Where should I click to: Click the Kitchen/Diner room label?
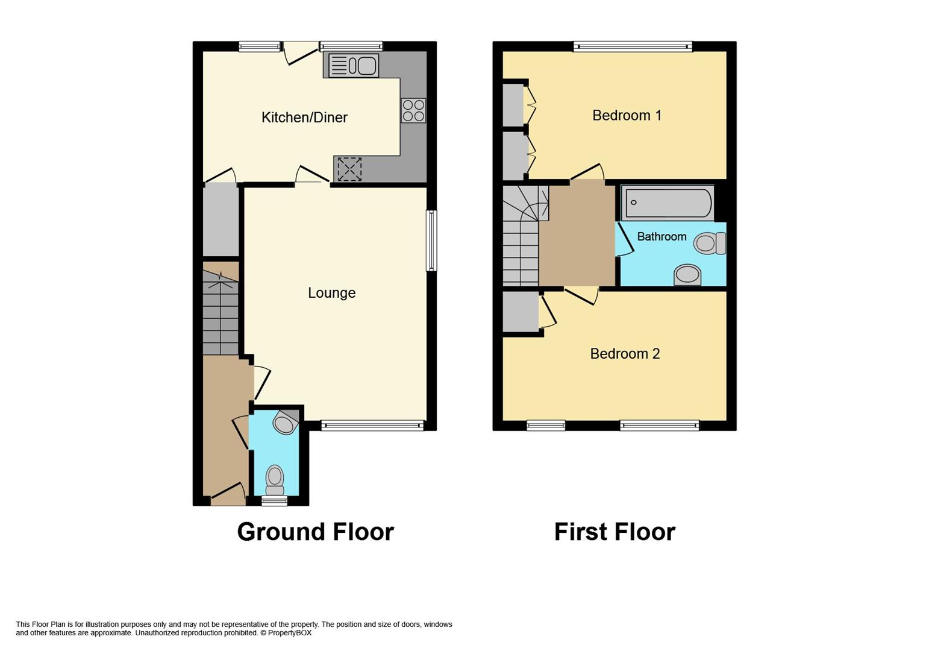pos(304,118)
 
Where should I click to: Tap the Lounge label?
pos(331,293)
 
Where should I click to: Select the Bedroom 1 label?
pos(627,115)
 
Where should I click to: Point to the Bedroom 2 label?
pos(625,353)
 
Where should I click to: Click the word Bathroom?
pos(662,236)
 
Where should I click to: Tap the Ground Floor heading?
pos(315,532)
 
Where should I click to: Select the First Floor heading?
pos(615,532)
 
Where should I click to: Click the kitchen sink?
pos(354,66)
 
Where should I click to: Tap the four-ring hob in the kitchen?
pos(413,110)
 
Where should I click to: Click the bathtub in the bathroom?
pos(668,203)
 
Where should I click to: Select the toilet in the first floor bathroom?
pos(710,243)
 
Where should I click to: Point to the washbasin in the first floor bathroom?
pos(687,275)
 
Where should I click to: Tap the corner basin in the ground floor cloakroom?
pos(286,422)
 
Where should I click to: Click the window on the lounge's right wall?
pos(432,241)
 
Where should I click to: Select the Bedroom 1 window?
pos(633,46)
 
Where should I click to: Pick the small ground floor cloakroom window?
pos(275,501)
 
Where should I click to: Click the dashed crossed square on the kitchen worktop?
pos(349,169)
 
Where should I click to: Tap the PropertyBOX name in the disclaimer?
pos(289,633)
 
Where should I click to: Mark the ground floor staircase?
pos(221,312)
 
